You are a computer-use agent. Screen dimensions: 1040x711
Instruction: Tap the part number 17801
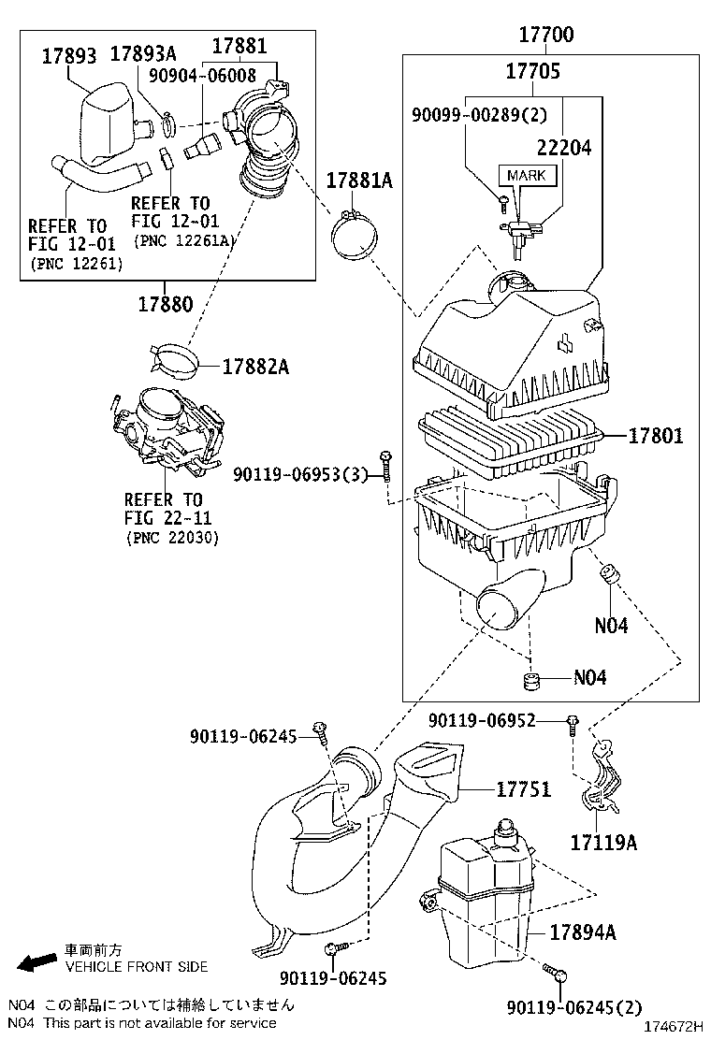pyautogui.click(x=655, y=436)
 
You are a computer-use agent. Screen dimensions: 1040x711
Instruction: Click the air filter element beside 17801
pyautogui.click(x=510, y=436)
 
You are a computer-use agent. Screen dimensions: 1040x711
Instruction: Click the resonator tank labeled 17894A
pyautogui.click(x=482, y=898)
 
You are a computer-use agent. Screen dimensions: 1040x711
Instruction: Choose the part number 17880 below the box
pyautogui.click(x=167, y=304)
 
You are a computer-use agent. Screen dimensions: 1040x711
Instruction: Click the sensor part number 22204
pyautogui.click(x=563, y=147)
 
